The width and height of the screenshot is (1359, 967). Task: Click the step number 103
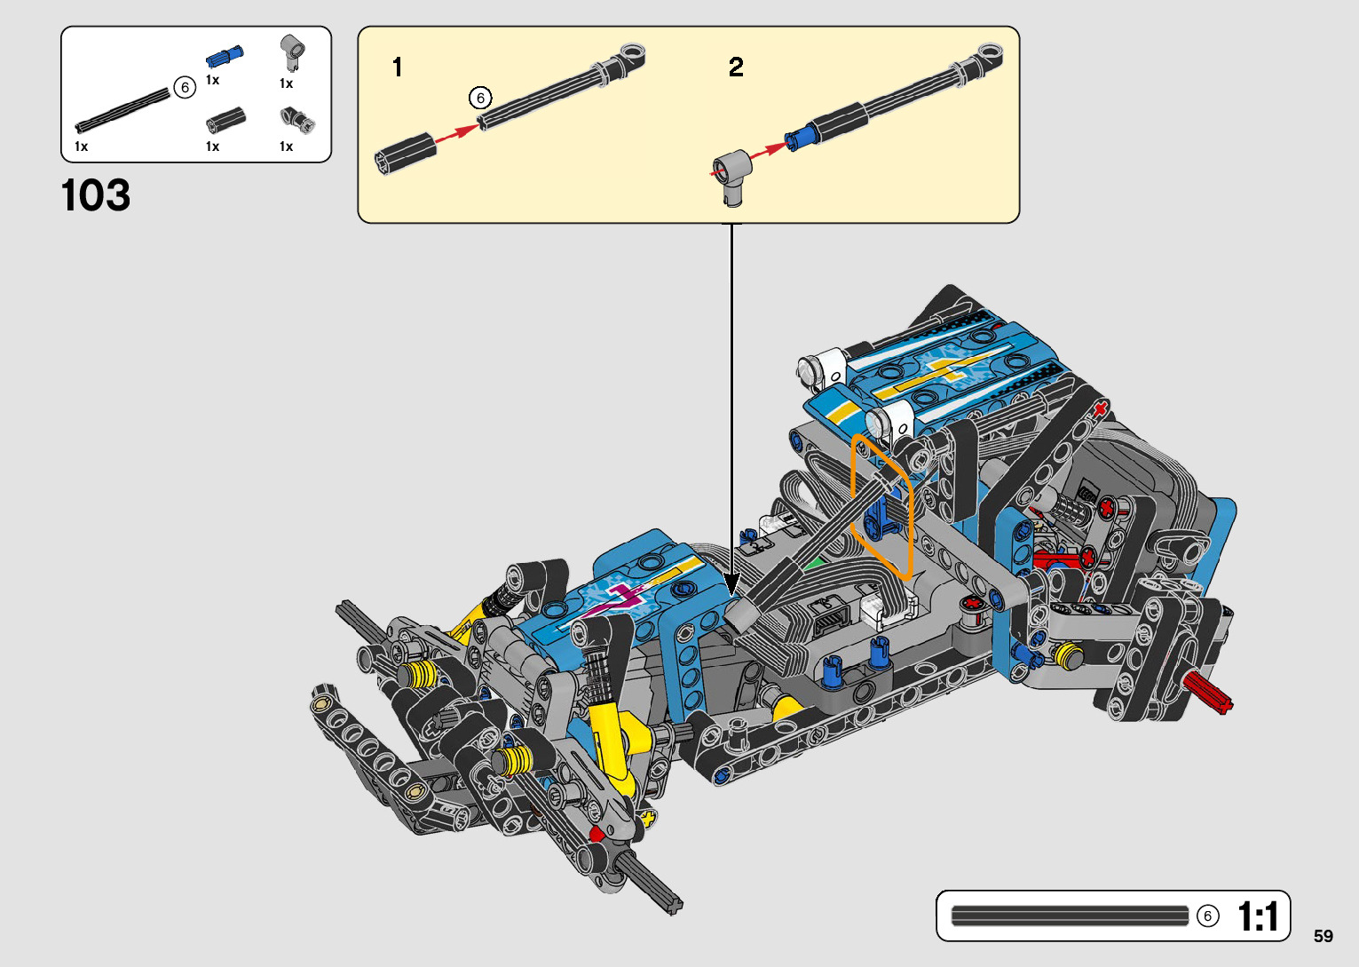pyautogui.click(x=96, y=195)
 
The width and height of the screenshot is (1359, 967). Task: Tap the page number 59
pyautogui.click(x=1323, y=935)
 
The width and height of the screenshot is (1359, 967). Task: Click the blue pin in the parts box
pyautogui.click(x=225, y=56)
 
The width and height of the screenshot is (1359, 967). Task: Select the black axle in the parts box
pyautogui.click(x=123, y=110)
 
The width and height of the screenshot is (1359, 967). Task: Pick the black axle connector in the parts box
pyautogui.click(x=226, y=120)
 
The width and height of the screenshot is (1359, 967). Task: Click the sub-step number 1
pyautogui.click(x=398, y=67)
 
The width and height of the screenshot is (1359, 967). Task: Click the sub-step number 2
pyautogui.click(x=736, y=67)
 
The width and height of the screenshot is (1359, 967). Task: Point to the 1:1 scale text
pyautogui.click(x=1258, y=916)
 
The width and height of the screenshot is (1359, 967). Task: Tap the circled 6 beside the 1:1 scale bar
pyautogui.click(x=1208, y=916)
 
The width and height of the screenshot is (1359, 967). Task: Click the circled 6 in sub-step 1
pyautogui.click(x=480, y=98)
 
